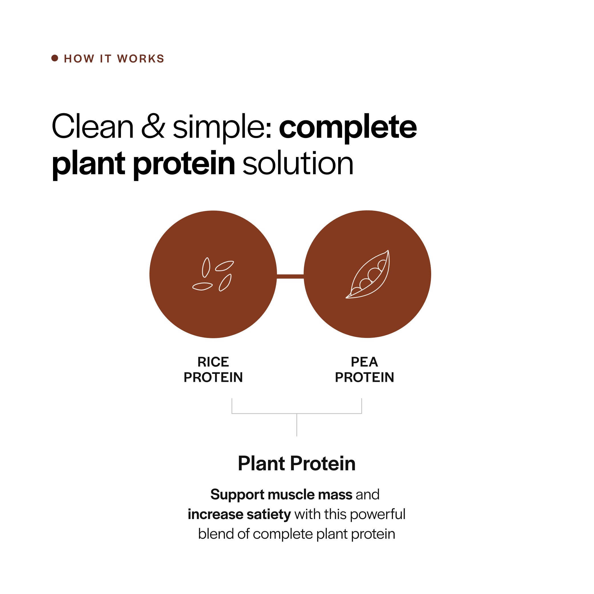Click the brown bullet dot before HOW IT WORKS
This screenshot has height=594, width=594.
[x=55, y=58]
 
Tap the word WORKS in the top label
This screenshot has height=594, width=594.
[x=141, y=59]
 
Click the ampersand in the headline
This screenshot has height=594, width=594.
[x=153, y=126]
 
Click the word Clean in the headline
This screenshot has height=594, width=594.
[x=92, y=126]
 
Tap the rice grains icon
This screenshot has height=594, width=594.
[x=213, y=274]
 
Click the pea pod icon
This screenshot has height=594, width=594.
[x=368, y=274]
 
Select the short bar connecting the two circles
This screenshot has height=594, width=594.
[x=290, y=276]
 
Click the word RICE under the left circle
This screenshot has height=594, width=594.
[x=213, y=362]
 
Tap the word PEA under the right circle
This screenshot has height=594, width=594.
[x=364, y=362]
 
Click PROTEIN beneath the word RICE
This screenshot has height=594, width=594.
[x=213, y=378]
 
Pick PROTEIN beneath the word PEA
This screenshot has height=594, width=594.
[x=364, y=378]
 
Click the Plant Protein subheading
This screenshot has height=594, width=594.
[x=297, y=464]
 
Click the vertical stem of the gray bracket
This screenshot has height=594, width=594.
[x=297, y=425]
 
